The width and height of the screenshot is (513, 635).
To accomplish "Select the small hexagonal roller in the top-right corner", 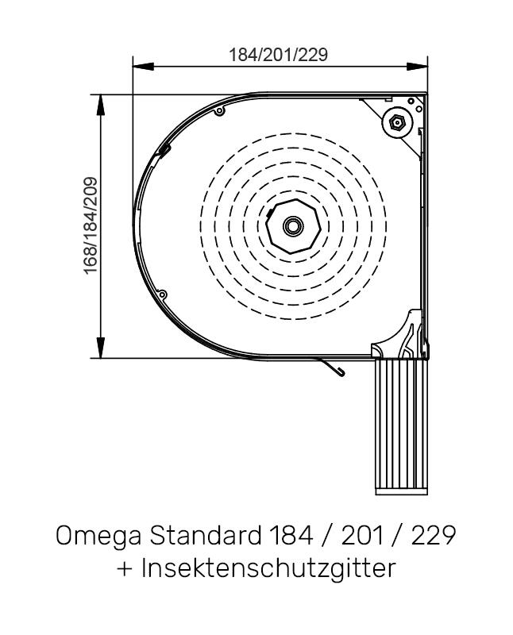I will (397, 122).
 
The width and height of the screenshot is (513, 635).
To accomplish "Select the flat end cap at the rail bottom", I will (401, 490).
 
